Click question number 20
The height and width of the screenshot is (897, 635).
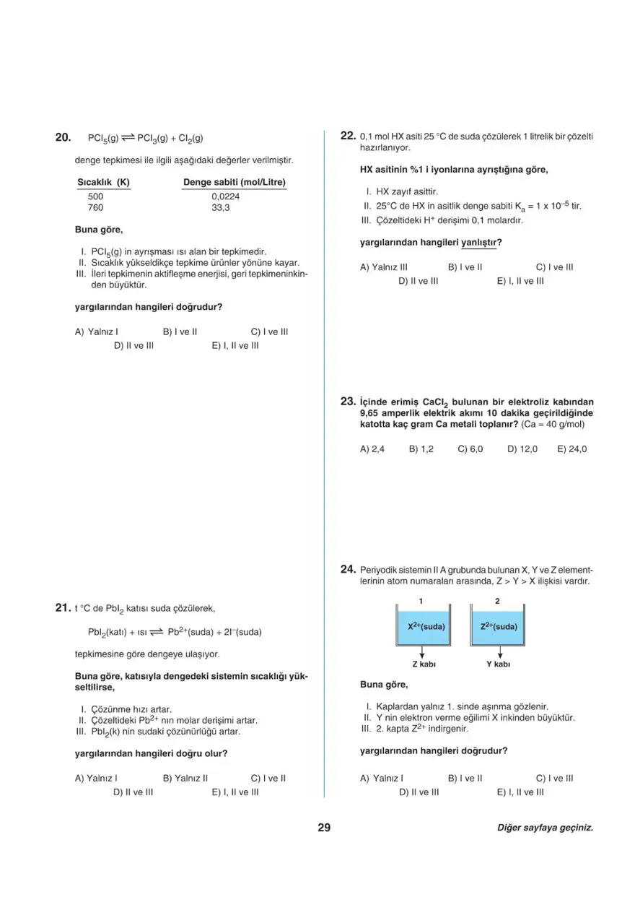[x=63, y=137]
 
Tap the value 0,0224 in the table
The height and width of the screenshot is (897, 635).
[x=226, y=196]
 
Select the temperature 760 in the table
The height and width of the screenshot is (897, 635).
[x=96, y=208]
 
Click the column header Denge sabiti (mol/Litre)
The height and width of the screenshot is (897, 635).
[x=235, y=182]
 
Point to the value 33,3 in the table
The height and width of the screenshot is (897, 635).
[x=221, y=208]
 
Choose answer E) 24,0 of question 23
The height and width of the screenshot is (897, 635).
[x=571, y=449]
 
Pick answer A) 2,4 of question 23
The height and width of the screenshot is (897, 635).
[x=372, y=449]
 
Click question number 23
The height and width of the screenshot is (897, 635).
[x=348, y=401]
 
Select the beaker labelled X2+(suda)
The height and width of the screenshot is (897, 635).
[x=426, y=626]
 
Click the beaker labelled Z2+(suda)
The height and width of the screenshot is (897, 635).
[x=498, y=626]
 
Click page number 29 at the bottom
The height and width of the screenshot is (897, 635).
[x=324, y=828]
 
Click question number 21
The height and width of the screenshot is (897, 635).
[x=63, y=607]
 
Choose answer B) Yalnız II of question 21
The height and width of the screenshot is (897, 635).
[x=185, y=779]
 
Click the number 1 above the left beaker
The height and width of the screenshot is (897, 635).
[x=421, y=600]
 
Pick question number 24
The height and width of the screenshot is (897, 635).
[x=348, y=569]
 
